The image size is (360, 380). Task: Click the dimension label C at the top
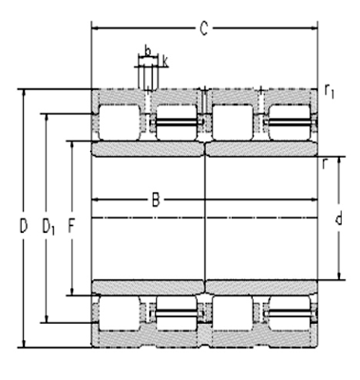click(x=203, y=28)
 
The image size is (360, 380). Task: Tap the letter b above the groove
click(x=147, y=47)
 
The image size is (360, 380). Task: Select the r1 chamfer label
click(x=330, y=91)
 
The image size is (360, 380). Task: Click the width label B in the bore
click(x=155, y=200)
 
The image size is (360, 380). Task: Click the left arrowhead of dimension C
click(x=94, y=28)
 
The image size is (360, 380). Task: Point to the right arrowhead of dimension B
click(x=315, y=200)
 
